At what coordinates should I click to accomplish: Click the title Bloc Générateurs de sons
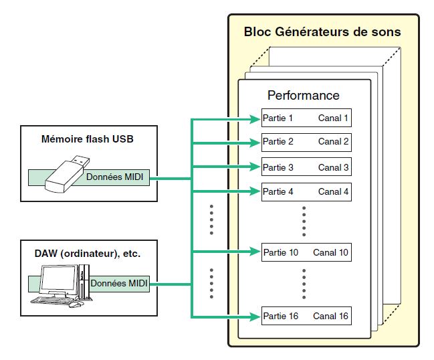coord(322,31)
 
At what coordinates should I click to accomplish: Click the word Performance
coord(303,95)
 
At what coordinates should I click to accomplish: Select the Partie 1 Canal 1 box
coord(306,119)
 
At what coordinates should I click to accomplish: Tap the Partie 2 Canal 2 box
coord(306,142)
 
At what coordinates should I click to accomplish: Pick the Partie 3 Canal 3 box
coord(306,167)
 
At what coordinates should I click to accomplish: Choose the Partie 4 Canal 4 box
coord(306,191)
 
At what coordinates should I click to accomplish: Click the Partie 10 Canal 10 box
coord(306,253)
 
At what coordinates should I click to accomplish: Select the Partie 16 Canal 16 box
coord(306,316)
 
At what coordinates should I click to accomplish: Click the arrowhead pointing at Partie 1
coord(255,119)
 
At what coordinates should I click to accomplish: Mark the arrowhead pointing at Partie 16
coord(255,316)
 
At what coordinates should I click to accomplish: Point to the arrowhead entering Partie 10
coord(255,253)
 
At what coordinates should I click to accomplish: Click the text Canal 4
coord(333,191)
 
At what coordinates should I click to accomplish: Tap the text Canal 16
coord(330,316)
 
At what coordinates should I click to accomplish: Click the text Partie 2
coord(278,142)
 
